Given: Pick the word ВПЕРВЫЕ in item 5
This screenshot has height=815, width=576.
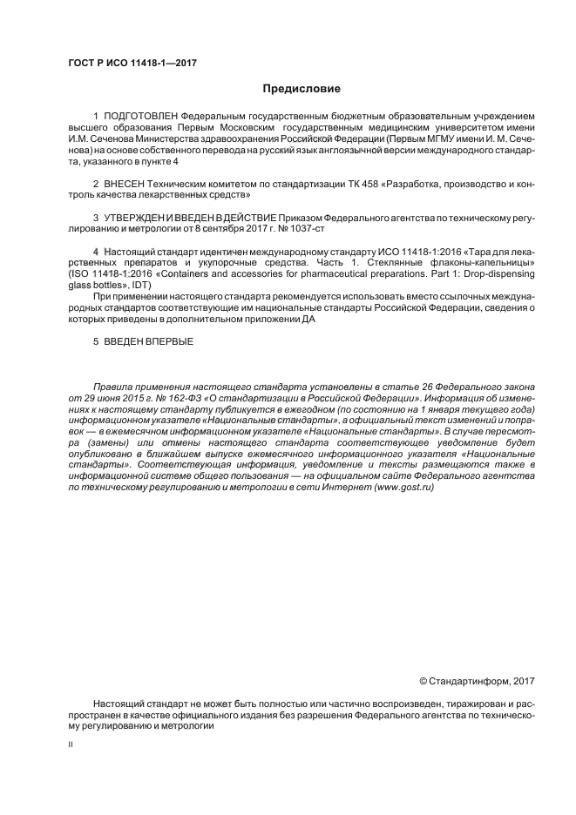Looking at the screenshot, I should [x=171, y=342].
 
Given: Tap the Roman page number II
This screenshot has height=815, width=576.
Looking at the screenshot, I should [x=71, y=744].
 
